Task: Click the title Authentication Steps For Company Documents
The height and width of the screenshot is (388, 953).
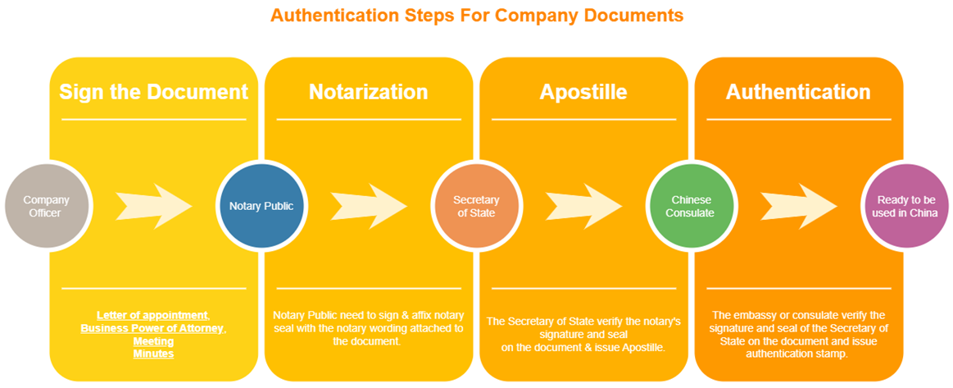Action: (476, 15)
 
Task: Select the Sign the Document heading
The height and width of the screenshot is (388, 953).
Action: (153, 92)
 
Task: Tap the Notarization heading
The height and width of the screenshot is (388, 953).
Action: (368, 92)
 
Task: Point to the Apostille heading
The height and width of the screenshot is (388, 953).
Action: (583, 92)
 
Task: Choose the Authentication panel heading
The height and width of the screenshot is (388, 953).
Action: (798, 92)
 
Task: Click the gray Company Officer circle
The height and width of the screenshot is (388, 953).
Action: (46, 206)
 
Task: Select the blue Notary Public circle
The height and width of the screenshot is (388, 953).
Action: (261, 206)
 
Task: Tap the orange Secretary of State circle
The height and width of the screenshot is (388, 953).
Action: (476, 206)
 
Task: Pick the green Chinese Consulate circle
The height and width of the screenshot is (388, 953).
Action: (692, 206)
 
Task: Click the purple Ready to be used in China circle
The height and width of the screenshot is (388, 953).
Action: (906, 206)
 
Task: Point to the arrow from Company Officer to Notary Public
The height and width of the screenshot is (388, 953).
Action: (153, 206)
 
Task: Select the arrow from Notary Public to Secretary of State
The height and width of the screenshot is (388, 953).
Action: (368, 206)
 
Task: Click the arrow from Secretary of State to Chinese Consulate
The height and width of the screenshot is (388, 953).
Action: (583, 206)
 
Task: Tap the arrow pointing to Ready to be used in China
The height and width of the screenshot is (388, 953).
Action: (799, 206)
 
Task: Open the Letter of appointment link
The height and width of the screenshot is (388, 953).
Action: (152, 315)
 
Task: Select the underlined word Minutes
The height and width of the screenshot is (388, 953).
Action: (153, 354)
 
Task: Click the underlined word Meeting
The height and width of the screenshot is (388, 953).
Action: (153, 341)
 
